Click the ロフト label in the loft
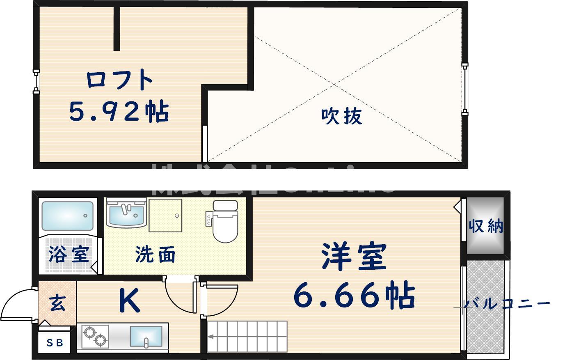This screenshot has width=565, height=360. click(x=119, y=80)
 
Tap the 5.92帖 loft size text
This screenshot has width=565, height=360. click(x=119, y=111)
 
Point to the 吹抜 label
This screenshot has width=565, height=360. click(x=341, y=116)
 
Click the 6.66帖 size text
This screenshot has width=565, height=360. click(x=354, y=295)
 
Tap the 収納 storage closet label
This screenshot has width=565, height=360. click(x=486, y=225)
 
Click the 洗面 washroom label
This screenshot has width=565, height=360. click(x=155, y=255)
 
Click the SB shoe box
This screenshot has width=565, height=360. click(x=55, y=342)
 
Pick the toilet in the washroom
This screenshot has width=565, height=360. click(x=225, y=222)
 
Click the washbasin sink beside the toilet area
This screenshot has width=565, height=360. click(x=126, y=213)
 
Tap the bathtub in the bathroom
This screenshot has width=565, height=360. click(x=68, y=216)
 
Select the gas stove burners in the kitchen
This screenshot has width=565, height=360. click(x=95, y=336)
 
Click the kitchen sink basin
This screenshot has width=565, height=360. click(x=146, y=336)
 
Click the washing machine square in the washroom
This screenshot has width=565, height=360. click(x=165, y=216)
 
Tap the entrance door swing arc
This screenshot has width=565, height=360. click(x=16, y=304)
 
